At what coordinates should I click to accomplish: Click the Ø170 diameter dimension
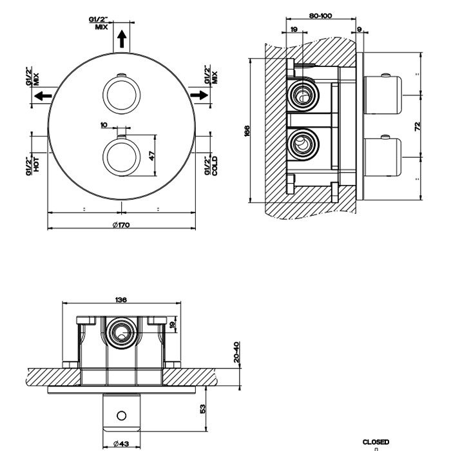[121, 225]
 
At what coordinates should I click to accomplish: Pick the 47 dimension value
[153, 155]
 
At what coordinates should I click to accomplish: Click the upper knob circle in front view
[120, 95]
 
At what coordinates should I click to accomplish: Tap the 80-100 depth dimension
[320, 15]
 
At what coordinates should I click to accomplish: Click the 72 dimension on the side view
[417, 126]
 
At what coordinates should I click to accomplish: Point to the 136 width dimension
[120, 300]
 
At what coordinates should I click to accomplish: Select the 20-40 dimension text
[236, 352]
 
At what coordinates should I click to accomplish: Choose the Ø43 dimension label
[120, 444]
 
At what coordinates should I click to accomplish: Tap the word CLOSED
[376, 442]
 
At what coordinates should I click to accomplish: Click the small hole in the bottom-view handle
[121, 415]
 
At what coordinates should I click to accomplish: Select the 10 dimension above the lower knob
[104, 125]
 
